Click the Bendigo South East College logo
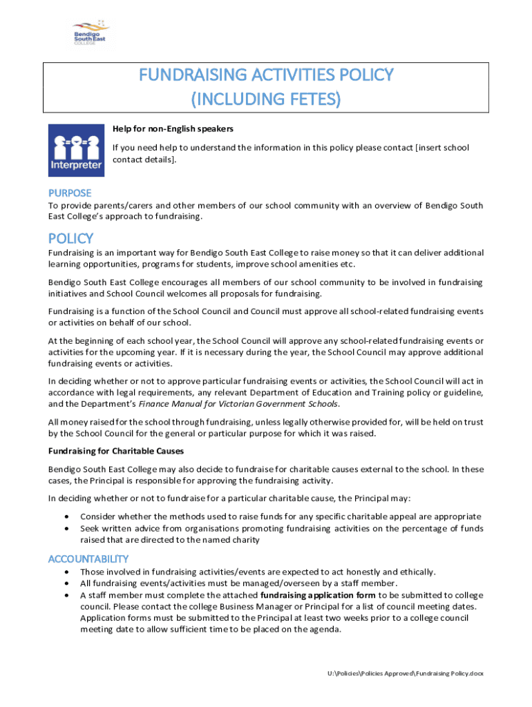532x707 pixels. [91, 32]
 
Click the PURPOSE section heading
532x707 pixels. [69, 193]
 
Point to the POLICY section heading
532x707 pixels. [70, 238]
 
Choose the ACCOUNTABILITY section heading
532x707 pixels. [88, 559]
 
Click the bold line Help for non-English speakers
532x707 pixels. [173, 128]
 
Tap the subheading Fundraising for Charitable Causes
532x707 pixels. [115, 452]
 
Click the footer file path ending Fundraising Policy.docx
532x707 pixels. [406, 673]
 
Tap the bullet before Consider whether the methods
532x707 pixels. [66, 516]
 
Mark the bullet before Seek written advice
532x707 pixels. [66, 528]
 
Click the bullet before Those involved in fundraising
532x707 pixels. [66, 572]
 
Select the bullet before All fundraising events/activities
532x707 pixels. [66, 583]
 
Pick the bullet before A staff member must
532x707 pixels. [66, 594]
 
